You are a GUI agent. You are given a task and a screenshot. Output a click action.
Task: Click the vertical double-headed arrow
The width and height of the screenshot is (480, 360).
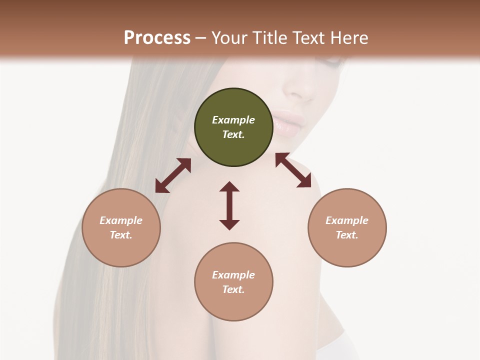pos(229,205)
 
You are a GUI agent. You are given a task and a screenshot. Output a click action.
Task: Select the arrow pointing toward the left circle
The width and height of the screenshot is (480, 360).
pos(173,175)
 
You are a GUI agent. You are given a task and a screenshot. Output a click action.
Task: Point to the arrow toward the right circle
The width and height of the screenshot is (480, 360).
pos(293,170)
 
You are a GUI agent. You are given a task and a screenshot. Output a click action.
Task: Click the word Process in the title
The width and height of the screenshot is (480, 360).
pos(157,37)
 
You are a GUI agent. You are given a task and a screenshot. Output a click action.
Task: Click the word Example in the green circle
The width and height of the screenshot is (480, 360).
pos(233,120)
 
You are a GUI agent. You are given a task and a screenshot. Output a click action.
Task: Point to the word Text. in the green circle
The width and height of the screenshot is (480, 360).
pos(233,134)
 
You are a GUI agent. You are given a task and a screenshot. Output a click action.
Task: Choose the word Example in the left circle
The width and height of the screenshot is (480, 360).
pos(121,220)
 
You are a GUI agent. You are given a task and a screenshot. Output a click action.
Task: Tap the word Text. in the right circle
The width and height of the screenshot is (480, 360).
pos(347,235)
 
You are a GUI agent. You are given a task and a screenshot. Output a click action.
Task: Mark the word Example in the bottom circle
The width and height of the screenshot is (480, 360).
pos(233,275)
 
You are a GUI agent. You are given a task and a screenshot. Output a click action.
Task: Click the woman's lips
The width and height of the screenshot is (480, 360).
pos(288,122)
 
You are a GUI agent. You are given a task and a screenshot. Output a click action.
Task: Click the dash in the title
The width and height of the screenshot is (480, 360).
pos(201,38)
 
